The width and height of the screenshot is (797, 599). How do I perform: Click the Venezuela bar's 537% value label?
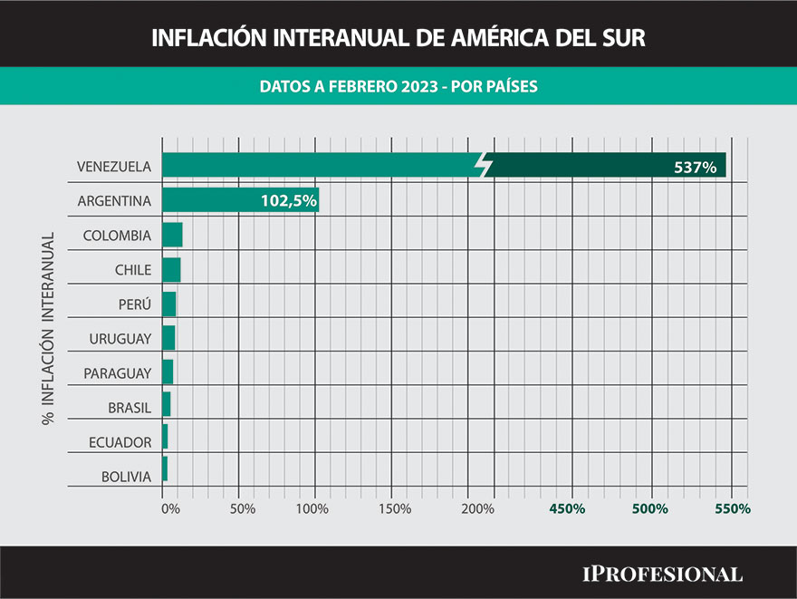[x=696, y=167]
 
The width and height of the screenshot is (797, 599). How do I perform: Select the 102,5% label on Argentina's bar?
[x=288, y=201]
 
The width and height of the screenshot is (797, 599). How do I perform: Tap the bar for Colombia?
[x=172, y=235]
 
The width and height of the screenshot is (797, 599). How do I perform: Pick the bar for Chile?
[x=171, y=269]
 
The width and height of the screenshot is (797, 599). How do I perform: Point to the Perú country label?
[x=134, y=304]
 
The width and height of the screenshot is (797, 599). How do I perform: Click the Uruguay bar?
[x=168, y=338]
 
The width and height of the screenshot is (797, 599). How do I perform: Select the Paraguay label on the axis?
[x=118, y=372]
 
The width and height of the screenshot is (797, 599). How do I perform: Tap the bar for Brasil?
[x=167, y=405]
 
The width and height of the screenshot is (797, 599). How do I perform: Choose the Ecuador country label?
[x=120, y=442]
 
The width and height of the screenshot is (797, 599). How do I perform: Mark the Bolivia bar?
[x=165, y=469]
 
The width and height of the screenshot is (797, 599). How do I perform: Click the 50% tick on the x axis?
[x=242, y=508]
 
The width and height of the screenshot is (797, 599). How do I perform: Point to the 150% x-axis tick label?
[x=394, y=508]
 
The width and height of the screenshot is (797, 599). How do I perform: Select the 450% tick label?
[x=568, y=508]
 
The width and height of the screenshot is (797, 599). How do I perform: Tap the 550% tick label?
[x=733, y=508]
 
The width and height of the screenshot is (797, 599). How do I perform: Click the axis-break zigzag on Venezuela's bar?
[x=485, y=165]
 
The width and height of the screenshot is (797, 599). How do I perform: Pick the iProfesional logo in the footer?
[x=662, y=574]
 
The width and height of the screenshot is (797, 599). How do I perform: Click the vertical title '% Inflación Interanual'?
[x=48, y=328]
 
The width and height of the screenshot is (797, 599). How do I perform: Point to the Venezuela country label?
[x=114, y=167]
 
